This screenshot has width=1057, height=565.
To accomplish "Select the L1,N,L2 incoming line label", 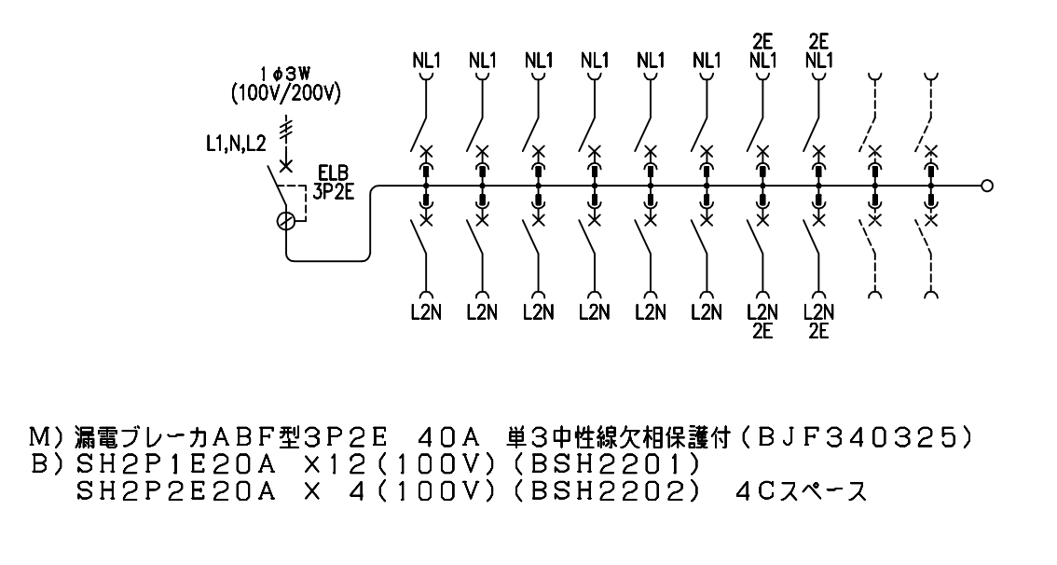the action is (x=236, y=144).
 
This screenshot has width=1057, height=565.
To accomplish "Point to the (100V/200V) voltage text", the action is (x=285, y=93).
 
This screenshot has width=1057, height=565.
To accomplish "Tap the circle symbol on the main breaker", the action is (x=286, y=220).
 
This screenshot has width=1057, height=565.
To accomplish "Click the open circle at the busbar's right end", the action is (x=987, y=186).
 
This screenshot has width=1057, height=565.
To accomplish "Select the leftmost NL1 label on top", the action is (x=426, y=61).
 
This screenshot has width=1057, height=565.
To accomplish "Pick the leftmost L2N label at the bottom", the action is (x=426, y=312).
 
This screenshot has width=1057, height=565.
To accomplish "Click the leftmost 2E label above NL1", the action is (x=763, y=42).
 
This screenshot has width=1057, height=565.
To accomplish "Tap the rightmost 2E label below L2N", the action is (x=819, y=331).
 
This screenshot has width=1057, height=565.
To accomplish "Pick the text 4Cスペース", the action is (x=801, y=491).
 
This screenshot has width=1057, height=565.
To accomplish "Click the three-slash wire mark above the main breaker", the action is (x=286, y=127).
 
